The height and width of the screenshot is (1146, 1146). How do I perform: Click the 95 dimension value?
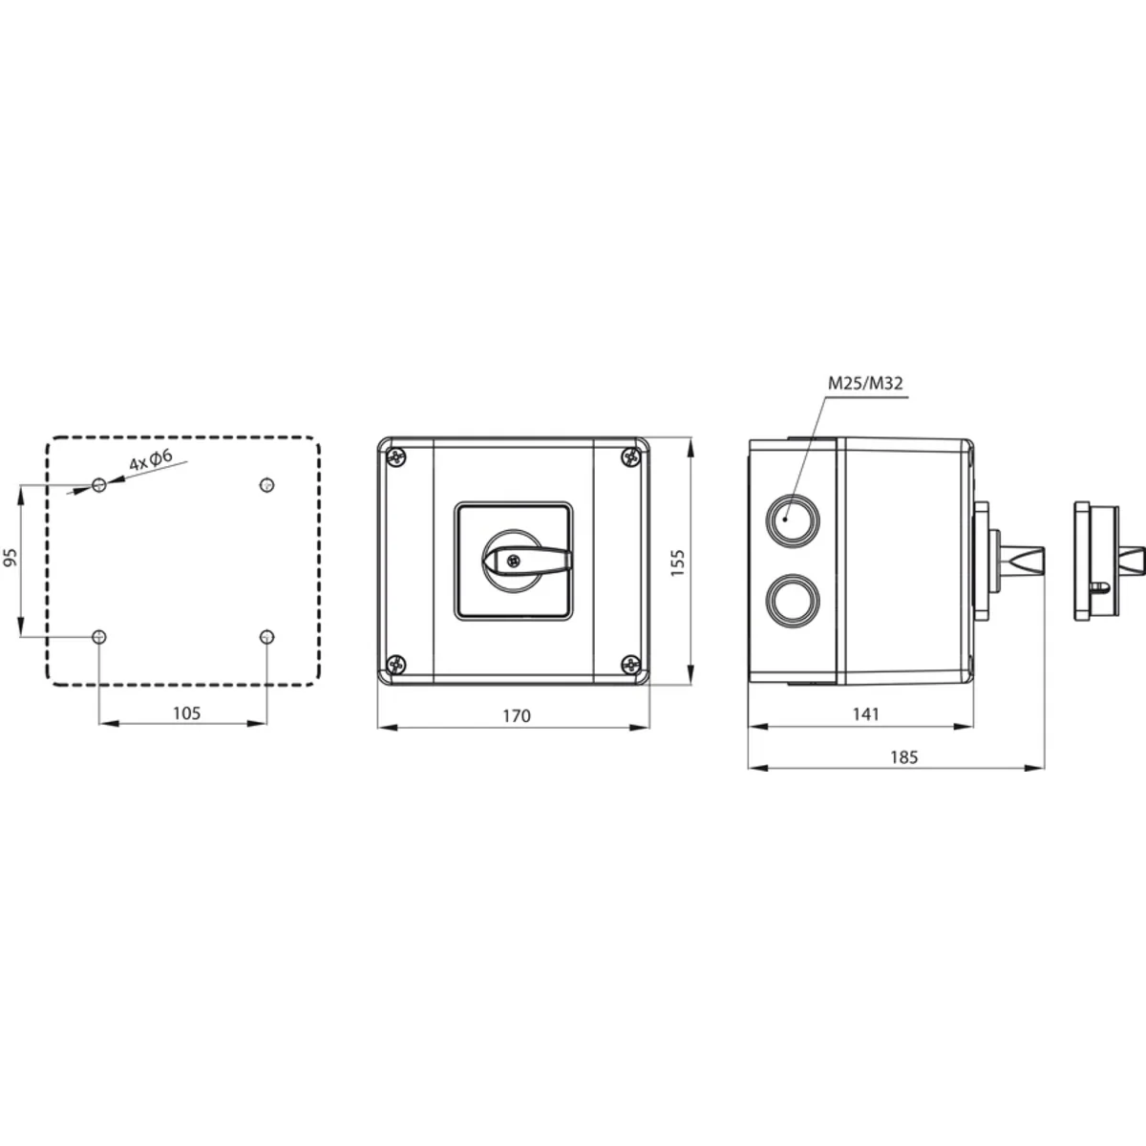click(11, 557)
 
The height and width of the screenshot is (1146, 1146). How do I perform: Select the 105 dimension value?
click(187, 712)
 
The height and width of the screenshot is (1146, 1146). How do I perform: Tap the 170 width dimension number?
click(517, 715)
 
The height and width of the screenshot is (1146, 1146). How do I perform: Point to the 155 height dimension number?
click(677, 562)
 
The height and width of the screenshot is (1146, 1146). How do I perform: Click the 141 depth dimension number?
click(865, 713)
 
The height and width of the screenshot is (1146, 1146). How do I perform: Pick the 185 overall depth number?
click(904, 757)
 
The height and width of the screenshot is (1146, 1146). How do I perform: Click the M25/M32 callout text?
click(865, 383)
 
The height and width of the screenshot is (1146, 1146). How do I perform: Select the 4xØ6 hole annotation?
click(151, 459)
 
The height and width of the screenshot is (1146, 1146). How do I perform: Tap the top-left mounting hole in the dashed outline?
click(99, 485)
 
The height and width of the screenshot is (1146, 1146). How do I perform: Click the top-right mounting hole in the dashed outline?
click(267, 485)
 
